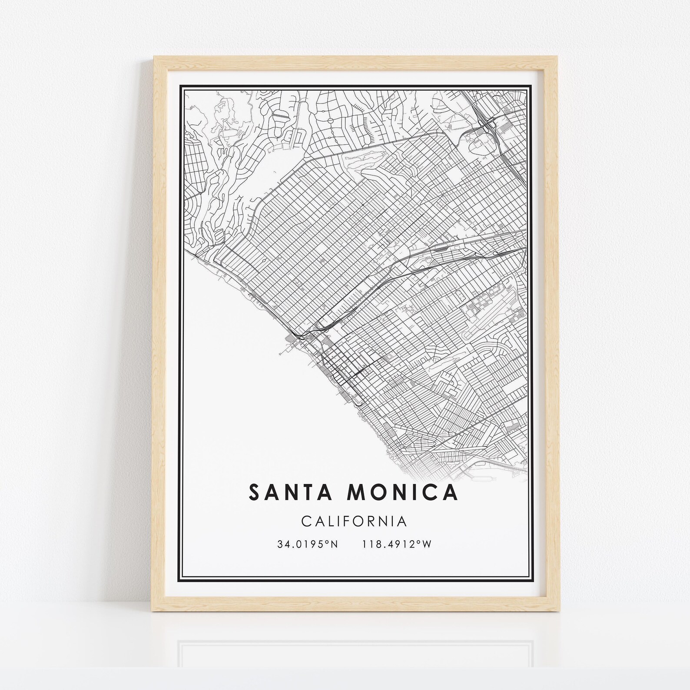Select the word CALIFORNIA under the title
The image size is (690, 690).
tap(354, 521)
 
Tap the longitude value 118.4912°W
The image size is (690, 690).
tap(396, 544)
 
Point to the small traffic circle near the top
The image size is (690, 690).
tap(330, 120)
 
